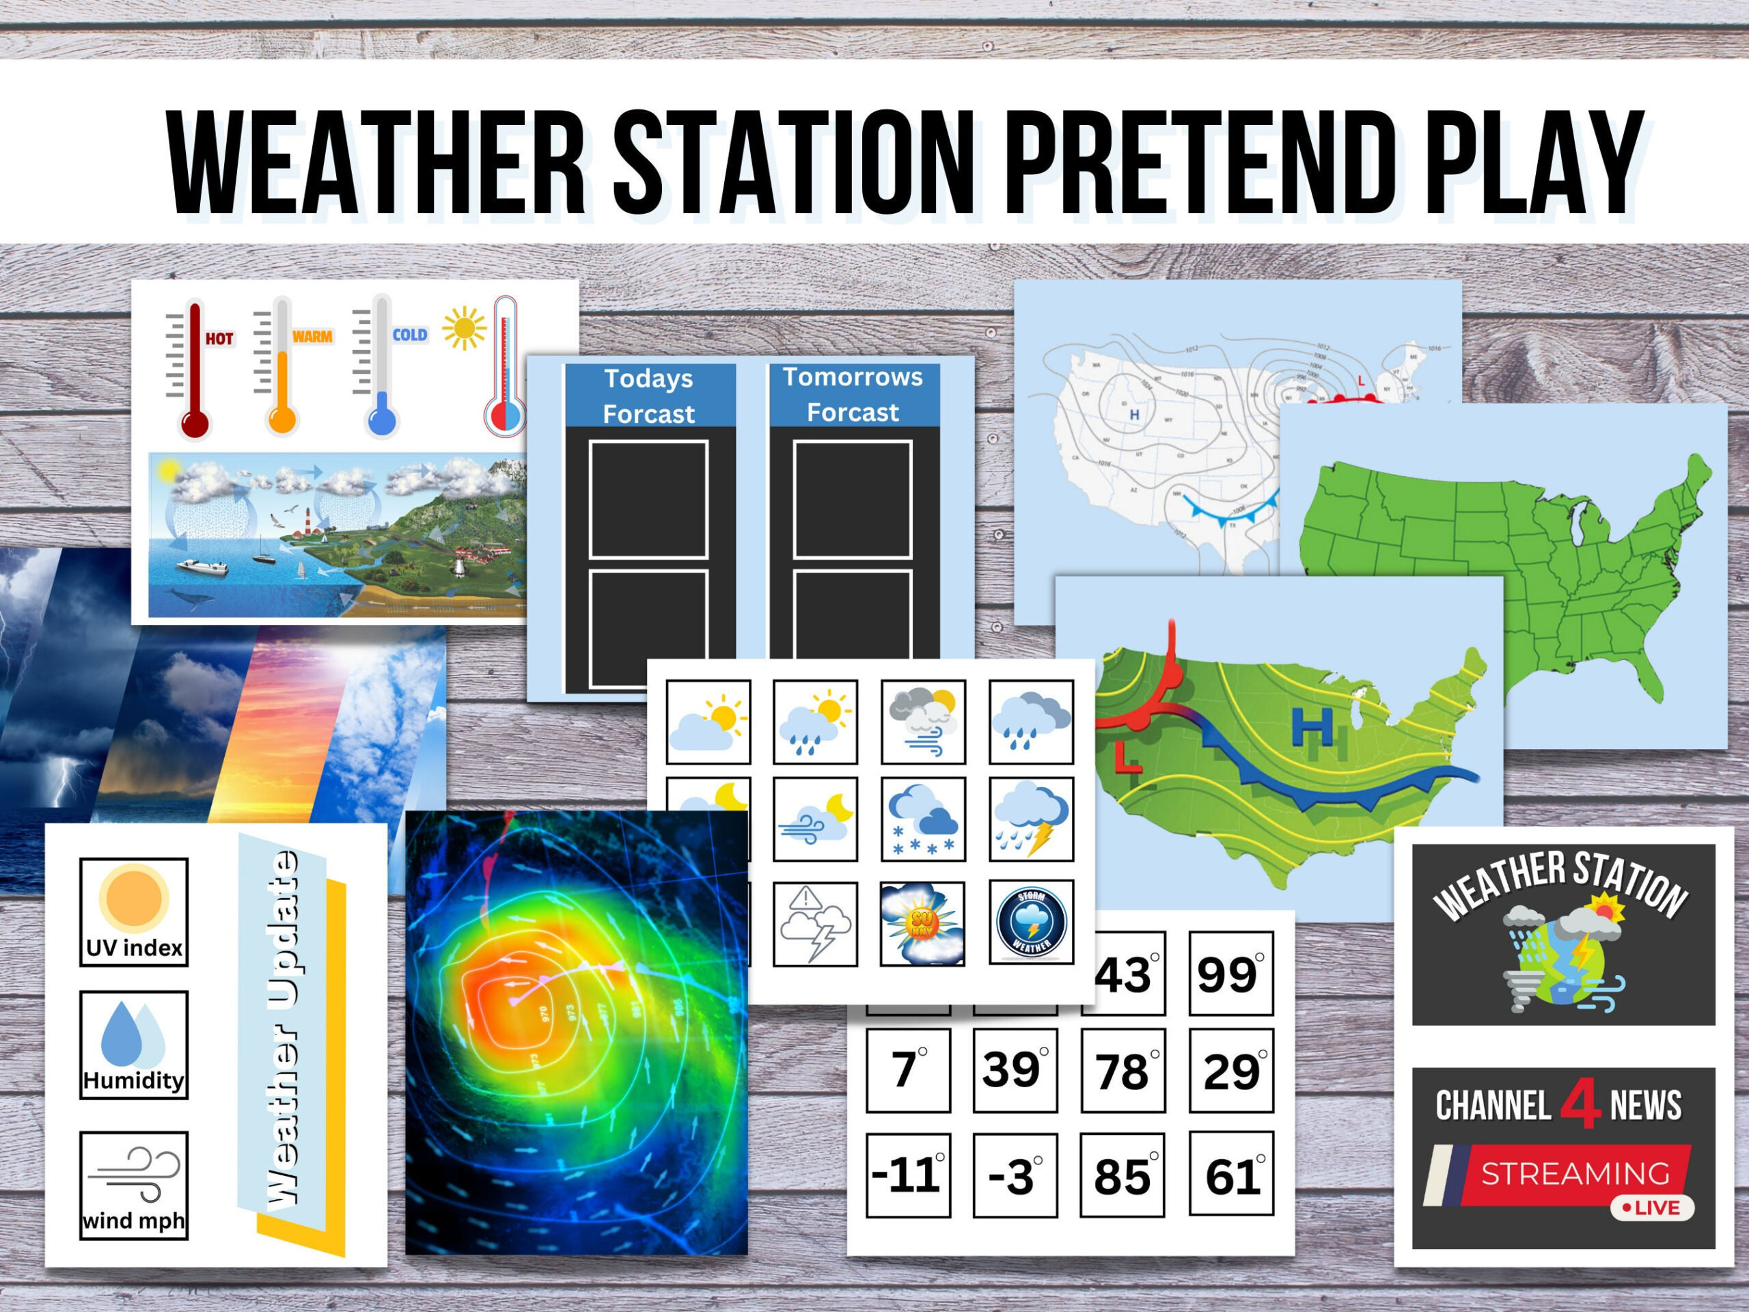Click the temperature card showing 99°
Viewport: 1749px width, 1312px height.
pos(1230,974)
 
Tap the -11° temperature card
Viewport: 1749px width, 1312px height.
pos(908,1175)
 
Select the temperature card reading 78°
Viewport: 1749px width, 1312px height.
pos(1122,1071)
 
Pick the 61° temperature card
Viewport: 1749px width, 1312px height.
pos(1231,1175)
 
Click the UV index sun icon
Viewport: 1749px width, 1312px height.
pos(134,899)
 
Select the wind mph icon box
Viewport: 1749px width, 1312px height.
pos(134,1184)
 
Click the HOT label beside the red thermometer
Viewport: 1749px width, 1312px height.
pos(219,339)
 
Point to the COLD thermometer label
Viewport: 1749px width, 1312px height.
pos(409,336)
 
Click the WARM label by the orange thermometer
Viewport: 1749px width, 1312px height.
pos(312,337)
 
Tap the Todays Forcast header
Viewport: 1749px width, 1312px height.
pos(649,396)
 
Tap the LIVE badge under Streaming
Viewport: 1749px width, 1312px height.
pos(1653,1207)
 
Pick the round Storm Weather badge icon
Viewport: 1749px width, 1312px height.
pos(1031,922)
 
